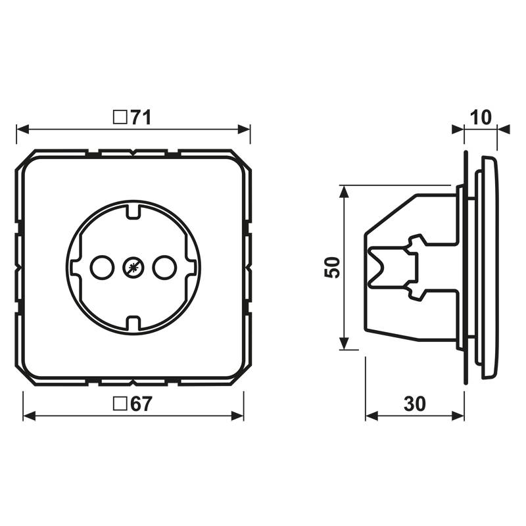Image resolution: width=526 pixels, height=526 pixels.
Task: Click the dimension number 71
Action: pos(141,118)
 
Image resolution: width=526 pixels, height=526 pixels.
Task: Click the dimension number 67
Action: pos(141,404)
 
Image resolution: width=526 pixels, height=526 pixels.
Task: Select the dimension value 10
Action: pos(481,118)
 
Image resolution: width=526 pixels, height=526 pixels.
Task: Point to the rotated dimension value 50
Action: pos(332,268)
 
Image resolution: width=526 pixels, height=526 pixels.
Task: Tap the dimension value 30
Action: pos(415,404)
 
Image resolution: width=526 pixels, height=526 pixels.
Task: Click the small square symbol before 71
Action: pos(120,118)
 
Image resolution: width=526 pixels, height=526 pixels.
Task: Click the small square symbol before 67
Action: pos(120,404)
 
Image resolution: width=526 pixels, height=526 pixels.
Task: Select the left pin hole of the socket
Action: pos(103,268)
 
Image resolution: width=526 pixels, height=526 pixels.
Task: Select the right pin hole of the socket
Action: pos(164,268)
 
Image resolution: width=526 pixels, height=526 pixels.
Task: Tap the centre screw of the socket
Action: pos(133,268)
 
